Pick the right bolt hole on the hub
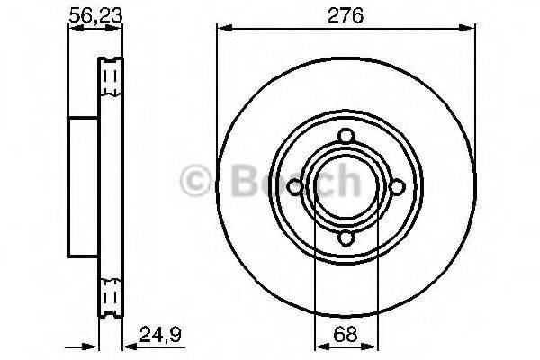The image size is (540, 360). pyautogui.click(x=396, y=187)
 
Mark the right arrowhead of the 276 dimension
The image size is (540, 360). pyautogui.click(x=471, y=30)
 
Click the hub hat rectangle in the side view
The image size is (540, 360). pyautogui.click(x=83, y=187)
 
